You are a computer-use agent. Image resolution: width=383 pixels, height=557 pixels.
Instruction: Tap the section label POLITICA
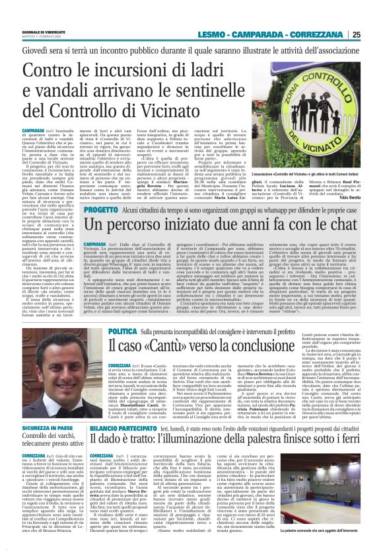123,329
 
